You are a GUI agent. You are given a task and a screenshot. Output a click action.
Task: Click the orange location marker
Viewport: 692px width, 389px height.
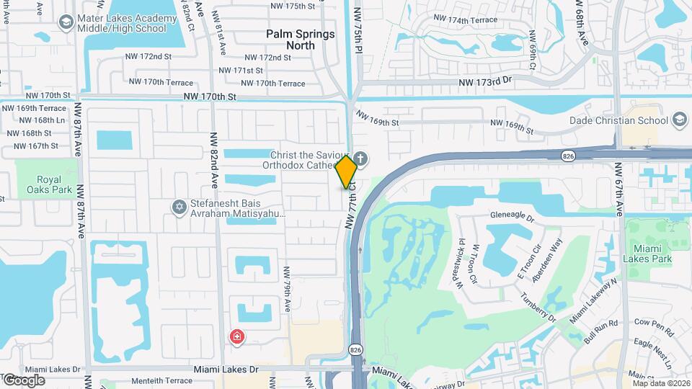coord(347,171)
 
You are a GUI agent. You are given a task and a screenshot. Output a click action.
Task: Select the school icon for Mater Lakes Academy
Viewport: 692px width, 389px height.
coord(66,24)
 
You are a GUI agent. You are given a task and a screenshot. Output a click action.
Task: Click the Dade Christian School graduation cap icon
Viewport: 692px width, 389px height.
coord(679,120)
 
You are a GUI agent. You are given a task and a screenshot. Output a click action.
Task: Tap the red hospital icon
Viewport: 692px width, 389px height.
coord(236,336)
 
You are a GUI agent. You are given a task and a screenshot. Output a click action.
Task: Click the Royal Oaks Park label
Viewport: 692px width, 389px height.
coord(40,185)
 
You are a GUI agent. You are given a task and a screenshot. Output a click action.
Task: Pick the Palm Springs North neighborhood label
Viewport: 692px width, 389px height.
coord(301,40)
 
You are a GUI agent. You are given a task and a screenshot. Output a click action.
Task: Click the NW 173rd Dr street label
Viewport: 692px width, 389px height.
coord(484,84)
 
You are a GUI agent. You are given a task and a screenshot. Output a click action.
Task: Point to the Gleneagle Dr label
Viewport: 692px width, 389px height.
coord(510,218)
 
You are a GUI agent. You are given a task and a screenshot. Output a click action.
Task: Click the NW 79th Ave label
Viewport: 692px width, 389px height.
coord(286,290)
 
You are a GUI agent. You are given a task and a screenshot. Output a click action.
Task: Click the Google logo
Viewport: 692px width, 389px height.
coord(24,380)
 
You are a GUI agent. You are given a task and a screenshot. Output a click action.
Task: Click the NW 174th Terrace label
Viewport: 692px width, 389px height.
coord(465,19)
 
